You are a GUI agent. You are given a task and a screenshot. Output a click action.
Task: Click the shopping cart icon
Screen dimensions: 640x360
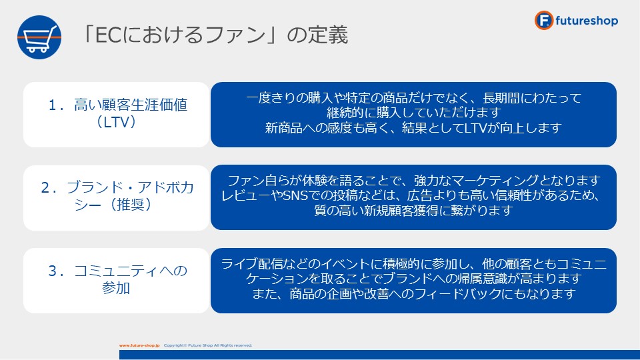click(39, 37)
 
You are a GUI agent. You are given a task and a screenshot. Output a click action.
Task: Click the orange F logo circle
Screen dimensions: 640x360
click(544, 21)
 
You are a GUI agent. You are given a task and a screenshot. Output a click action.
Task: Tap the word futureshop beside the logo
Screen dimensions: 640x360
click(587, 21)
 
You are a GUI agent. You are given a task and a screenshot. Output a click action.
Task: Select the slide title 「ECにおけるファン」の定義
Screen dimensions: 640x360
click(214, 34)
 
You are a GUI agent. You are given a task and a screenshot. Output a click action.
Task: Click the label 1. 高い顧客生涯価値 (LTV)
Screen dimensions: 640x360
click(117, 113)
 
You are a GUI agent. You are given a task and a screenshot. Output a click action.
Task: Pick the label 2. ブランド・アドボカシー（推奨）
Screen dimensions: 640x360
click(117, 196)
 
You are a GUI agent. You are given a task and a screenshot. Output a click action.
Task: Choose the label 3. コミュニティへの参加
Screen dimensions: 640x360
click(117, 279)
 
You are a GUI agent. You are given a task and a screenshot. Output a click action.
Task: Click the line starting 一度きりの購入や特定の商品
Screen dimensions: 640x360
click(413, 98)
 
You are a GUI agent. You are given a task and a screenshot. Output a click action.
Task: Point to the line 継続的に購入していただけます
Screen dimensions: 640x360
click(413, 113)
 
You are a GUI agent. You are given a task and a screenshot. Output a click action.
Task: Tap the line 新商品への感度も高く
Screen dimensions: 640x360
click(413, 128)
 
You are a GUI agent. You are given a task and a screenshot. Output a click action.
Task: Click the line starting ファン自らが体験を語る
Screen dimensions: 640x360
click(413, 181)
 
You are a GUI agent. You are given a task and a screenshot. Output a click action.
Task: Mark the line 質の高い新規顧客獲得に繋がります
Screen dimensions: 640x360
click(413, 211)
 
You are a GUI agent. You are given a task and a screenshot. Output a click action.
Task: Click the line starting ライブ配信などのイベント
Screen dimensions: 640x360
click(413, 264)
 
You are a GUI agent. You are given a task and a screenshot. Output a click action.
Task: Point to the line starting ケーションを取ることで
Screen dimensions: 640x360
click(413, 279)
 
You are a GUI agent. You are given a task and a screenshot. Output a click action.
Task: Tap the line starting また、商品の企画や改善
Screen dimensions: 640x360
click(413, 294)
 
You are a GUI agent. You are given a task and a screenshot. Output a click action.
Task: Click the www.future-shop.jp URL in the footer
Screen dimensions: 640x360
click(139, 345)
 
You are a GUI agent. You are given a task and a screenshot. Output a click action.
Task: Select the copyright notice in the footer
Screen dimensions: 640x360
click(208, 345)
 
